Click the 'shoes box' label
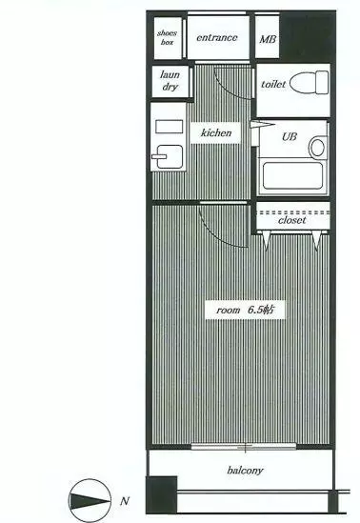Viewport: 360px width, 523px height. point(167,37)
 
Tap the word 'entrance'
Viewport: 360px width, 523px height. point(217,38)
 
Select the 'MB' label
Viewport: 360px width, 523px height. point(268,39)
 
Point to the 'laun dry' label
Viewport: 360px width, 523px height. point(170,81)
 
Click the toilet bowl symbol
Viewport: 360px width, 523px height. point(309,82)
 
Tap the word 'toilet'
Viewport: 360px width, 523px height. point(273,84)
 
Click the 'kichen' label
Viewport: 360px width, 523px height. point(216,132)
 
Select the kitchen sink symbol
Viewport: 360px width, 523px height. point(168,156)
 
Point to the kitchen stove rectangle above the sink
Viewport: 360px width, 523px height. point(169,127)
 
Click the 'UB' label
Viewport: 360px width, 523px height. point(289,137)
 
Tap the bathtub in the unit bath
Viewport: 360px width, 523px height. point(292,175)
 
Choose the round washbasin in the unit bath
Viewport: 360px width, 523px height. point(318,147)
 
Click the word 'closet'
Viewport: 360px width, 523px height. point(292,220)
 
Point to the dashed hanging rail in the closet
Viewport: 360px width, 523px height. point(293,212)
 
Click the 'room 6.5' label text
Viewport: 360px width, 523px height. point(246,310)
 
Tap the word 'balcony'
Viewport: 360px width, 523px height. point(245,471)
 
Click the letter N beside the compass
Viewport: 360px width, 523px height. point(125,501)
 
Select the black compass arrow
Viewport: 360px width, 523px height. point(90,501)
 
